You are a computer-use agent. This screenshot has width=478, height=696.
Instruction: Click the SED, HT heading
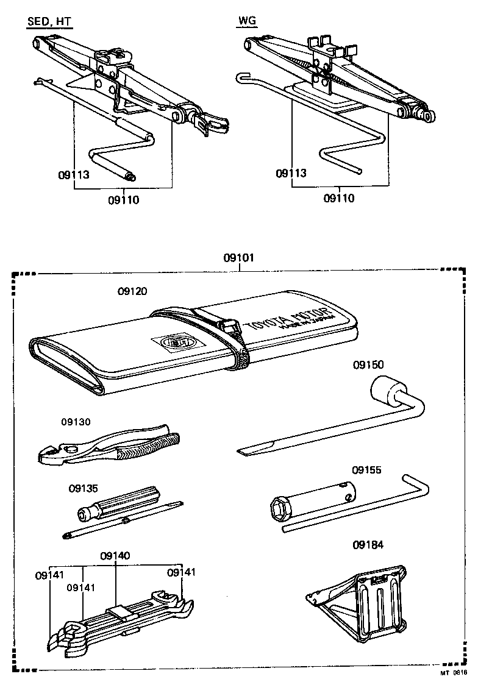[x=49, y=23]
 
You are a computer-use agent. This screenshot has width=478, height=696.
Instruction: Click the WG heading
[x=246, y=23]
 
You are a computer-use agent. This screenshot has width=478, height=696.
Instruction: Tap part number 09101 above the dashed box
[x=238, y=258]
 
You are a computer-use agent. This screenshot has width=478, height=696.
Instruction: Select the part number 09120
[x=132, y=292]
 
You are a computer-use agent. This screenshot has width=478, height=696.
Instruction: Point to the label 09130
[x=76, y=422]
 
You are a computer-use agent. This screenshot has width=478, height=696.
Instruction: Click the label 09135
[x=84, y=488]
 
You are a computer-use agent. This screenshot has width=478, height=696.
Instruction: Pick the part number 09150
[x=368, y=364]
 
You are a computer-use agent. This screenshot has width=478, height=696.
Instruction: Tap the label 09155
[x=367, y=470]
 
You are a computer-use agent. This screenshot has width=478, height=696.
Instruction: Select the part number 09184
[x=368, y=544]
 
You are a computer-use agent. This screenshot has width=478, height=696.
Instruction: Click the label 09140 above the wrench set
[x=115, y=555]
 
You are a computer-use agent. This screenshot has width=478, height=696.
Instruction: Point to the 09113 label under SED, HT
[x=74, y=176]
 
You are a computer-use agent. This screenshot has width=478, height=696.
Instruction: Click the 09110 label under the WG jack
[x=338, y=197]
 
